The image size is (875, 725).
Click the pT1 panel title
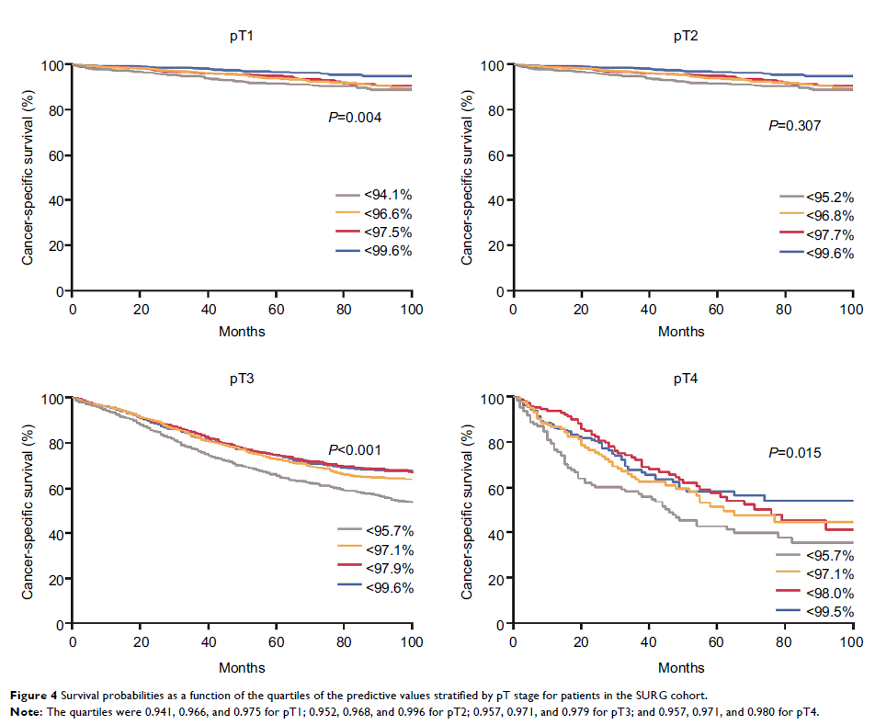[242, 36]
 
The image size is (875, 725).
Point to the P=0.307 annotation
[794, 125]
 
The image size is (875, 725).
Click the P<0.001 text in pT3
[355, 450]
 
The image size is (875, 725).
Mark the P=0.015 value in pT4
[794, 453]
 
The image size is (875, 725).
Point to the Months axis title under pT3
[242, 668]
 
